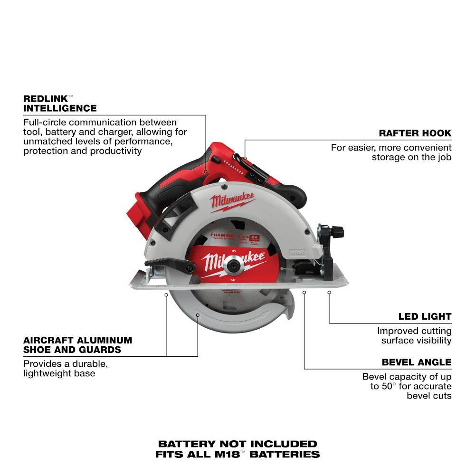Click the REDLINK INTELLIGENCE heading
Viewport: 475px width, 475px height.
point(60,104)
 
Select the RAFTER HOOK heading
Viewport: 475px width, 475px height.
point(415,133)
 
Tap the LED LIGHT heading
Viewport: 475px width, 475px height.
point(425,316)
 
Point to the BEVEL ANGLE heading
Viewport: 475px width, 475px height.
point(417,362)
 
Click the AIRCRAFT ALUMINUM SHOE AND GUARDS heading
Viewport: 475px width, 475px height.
point(77,345)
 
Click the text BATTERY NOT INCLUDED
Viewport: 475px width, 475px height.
point(237,444)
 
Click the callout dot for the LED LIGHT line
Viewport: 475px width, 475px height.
point(329,293)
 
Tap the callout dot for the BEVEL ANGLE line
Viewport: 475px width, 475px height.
point(304,293)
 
